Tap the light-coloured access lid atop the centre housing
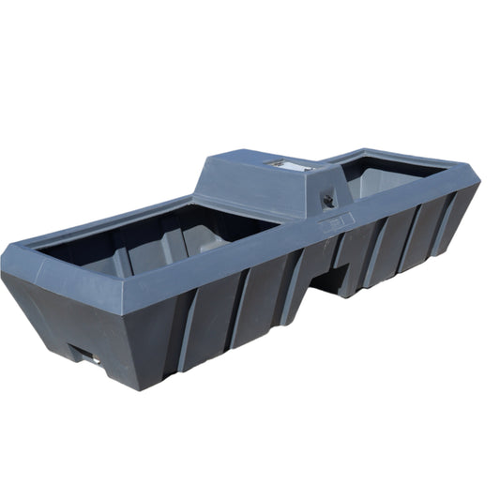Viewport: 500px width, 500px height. pyautogui.click(x=291, y=165)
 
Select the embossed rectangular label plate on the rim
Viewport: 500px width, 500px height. pyautogui.click(x=339, y=223)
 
